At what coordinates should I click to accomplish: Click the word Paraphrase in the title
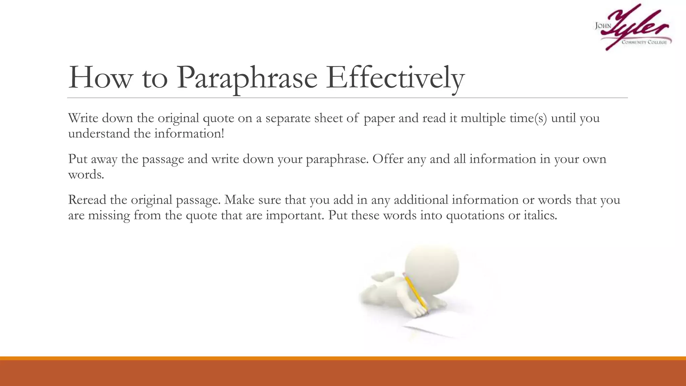coord(247,78)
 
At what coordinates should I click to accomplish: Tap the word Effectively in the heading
coord(395,78)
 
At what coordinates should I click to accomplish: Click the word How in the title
coord(100,78)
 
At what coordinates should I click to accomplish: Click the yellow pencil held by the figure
coord(415,292)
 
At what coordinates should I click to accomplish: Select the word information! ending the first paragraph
coord(189,134)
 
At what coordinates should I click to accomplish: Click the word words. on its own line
coord(86,175)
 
